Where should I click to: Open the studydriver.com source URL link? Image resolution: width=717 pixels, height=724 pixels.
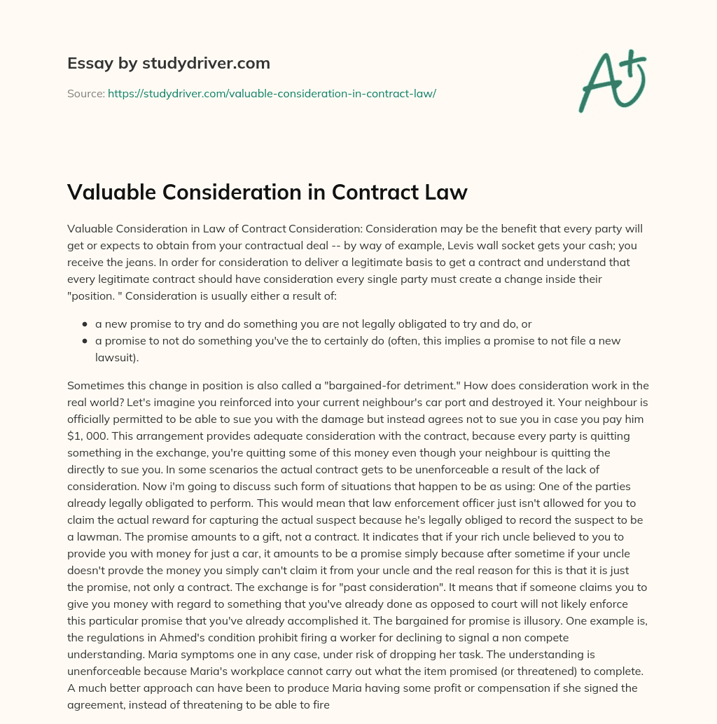[x=272, y=93]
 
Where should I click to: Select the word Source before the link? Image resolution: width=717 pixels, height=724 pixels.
[x=85, y=93]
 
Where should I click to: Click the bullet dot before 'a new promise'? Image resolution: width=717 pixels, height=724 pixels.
[x=85, y=325]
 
